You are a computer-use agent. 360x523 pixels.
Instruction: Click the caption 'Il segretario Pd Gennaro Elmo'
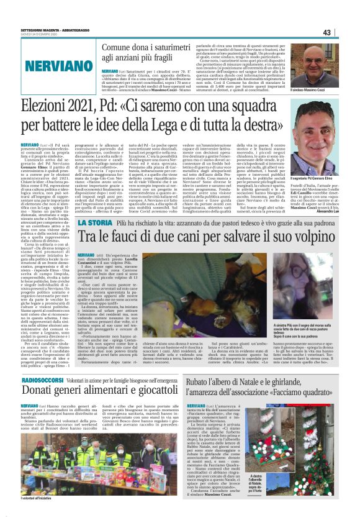coord(322,179)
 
